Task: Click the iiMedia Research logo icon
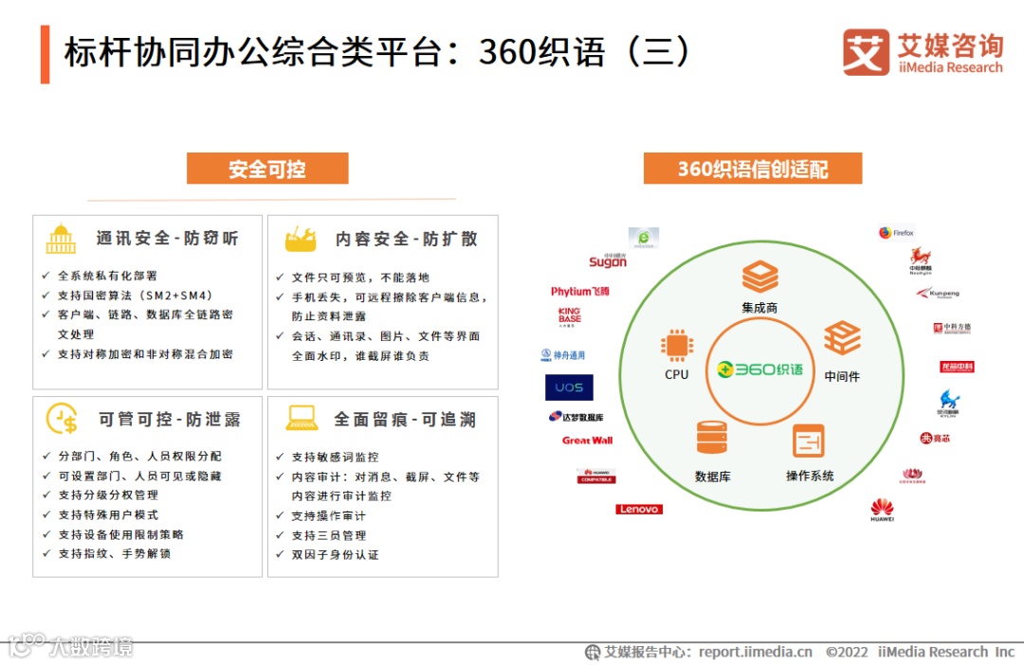coord(866,52)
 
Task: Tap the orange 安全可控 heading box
coord(267,169)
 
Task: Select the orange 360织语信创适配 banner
coord(753,169)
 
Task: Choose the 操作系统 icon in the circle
coord(809,441)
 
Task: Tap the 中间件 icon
coord(841,338)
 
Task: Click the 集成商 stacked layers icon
coord(759,278)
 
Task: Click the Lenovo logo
coord(639,510)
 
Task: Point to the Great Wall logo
coord(588,440)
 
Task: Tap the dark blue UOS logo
coord(570,387)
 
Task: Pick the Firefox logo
coord(896,233)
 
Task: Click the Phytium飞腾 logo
coord(579,291)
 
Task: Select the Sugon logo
coord(608,261)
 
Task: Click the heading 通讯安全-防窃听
coord(167,239)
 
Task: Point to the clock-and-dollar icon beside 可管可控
coord(62,419)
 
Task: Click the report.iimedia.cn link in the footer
coord(755,652)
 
